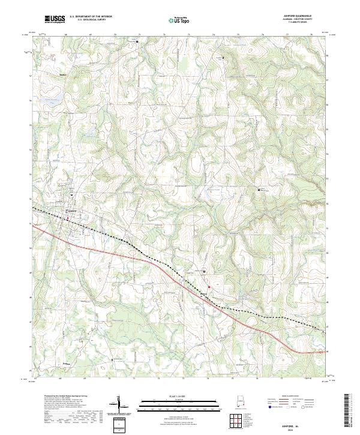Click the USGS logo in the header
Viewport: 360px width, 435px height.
pos(55,20)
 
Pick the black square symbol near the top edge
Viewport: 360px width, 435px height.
pos(137,43)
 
